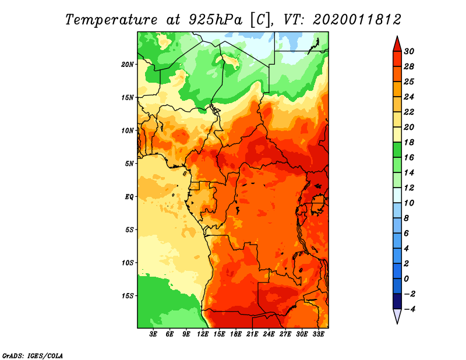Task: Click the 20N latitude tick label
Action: pos(128,64)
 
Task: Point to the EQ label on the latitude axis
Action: pos(129,196)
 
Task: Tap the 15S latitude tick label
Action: pos(128,295)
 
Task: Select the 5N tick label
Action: pos(129,164)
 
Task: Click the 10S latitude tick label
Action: pos(128,263)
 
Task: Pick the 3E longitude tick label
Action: pos(154,334)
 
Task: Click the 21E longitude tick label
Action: pos(252,334)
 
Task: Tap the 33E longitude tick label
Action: pos(318,334)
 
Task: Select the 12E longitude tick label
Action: pos(203,334)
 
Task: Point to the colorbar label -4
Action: pos(410,309)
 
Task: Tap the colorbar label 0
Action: pos(408,278)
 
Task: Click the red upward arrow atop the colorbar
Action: pos(396,44)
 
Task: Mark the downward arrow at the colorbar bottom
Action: pos(396,316)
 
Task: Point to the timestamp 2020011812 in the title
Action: pos(357,19)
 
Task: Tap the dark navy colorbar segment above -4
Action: pos(396,301)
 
